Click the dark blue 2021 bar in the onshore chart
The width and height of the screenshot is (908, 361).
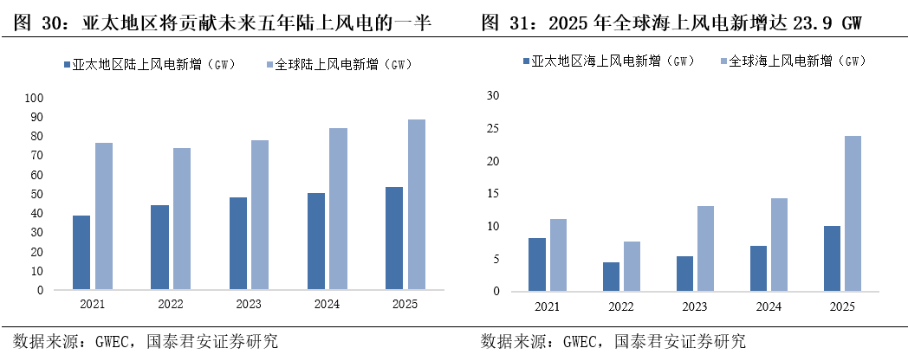point(81,253)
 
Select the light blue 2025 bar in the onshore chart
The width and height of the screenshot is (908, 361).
point(416,204)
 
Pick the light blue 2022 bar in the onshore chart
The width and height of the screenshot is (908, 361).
point(182,219)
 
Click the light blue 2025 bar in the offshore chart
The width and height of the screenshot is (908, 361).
point(853,214)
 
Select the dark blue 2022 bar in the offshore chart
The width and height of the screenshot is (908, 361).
point(611,276)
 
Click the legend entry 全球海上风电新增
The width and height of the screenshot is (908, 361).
point(792,61)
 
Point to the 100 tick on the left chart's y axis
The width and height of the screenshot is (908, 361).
point(34,97)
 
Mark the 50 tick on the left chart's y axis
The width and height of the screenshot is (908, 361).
point(36,194)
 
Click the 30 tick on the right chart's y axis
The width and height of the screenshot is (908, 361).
point(494,95)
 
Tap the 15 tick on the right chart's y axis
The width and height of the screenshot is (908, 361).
point(494,193)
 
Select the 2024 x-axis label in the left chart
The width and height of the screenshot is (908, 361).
point(326,304)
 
